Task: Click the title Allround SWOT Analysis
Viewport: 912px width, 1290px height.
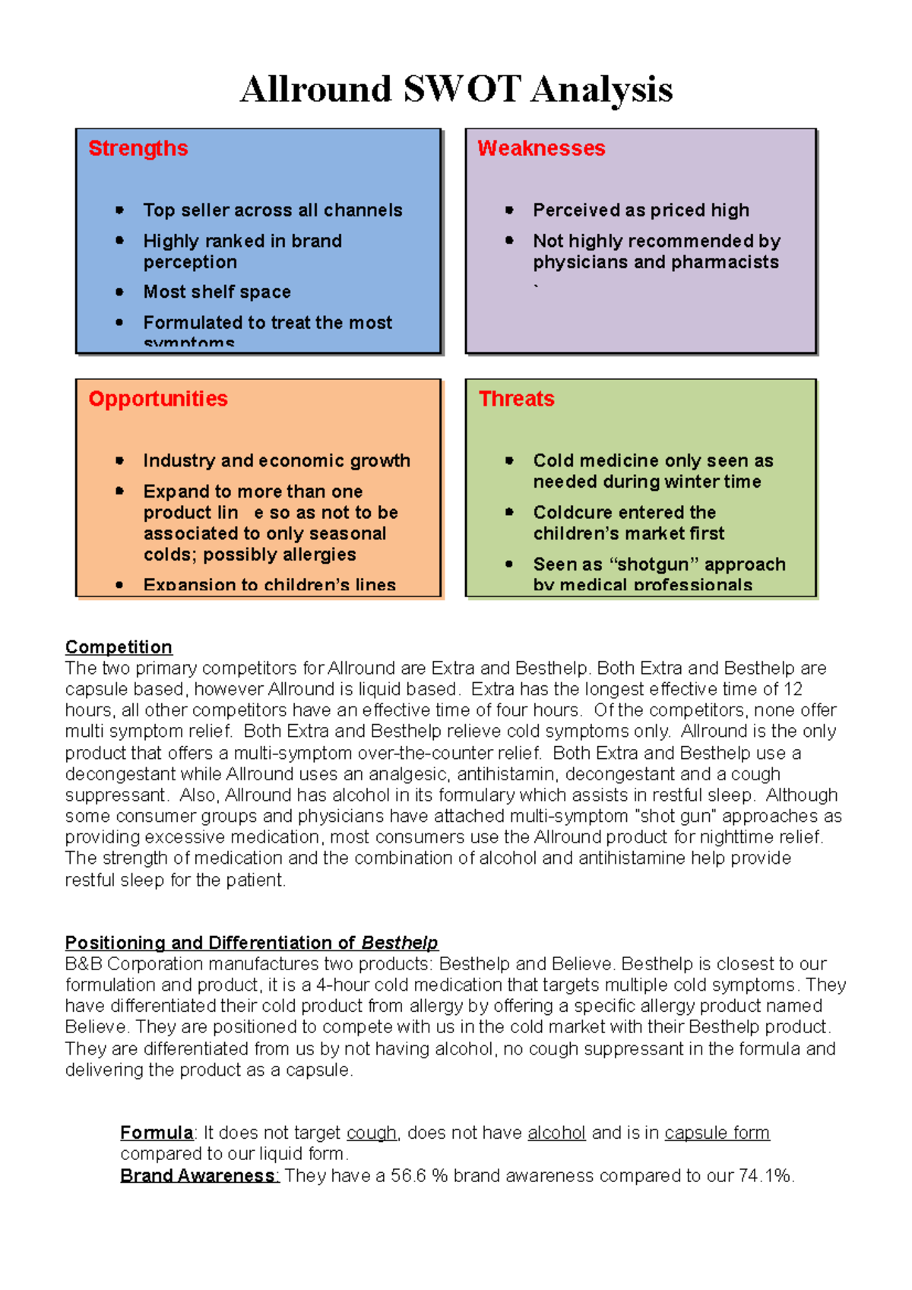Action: pos(456,89)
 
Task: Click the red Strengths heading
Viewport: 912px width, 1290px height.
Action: pos(138,148)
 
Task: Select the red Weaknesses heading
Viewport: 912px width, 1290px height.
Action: pos(541,148)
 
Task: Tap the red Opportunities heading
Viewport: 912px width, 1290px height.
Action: pos(158,399)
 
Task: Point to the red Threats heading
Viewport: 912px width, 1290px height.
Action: pos(517,399)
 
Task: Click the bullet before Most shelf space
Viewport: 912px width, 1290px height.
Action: pos(119,292)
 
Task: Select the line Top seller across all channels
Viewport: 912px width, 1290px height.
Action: pos(273,210)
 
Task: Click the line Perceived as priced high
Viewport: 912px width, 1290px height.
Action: pos(641,210)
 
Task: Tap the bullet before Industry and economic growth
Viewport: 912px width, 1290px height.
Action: pos(119,460)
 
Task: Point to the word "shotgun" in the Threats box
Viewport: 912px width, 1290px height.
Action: pos(658,564)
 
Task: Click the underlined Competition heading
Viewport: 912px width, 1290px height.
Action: pos(119,647)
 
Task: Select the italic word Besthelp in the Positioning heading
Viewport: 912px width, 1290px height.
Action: pos(400,943)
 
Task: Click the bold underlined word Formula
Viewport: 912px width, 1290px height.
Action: pos(157,1133)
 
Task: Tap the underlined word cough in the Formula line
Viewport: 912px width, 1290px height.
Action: pos(372,1133)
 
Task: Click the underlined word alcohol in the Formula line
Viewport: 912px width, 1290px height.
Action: pos(556,1133)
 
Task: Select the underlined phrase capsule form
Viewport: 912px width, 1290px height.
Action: pos(717,1133)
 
